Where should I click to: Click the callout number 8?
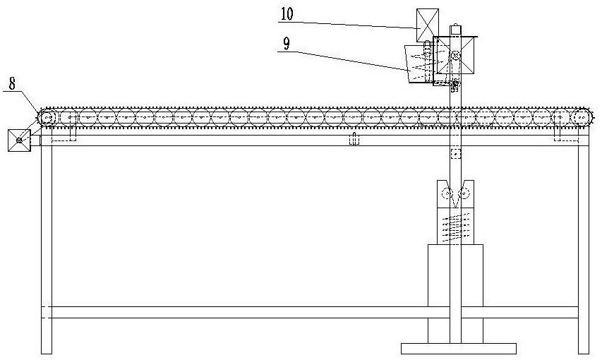[11, 82]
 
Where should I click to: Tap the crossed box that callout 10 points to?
[427, 24]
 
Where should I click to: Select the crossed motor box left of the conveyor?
[18, 141]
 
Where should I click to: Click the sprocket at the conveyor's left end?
[48, 119]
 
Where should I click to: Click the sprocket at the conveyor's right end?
[582, 119]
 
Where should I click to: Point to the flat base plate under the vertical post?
[458, 348]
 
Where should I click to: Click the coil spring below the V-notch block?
[455, 227]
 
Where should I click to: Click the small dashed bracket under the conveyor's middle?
[354, 140]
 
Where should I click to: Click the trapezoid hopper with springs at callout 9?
[419, 66]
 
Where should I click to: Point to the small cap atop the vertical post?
[456, 30]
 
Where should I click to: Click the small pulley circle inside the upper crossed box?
[456, 56]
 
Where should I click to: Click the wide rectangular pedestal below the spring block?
[455, 282]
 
